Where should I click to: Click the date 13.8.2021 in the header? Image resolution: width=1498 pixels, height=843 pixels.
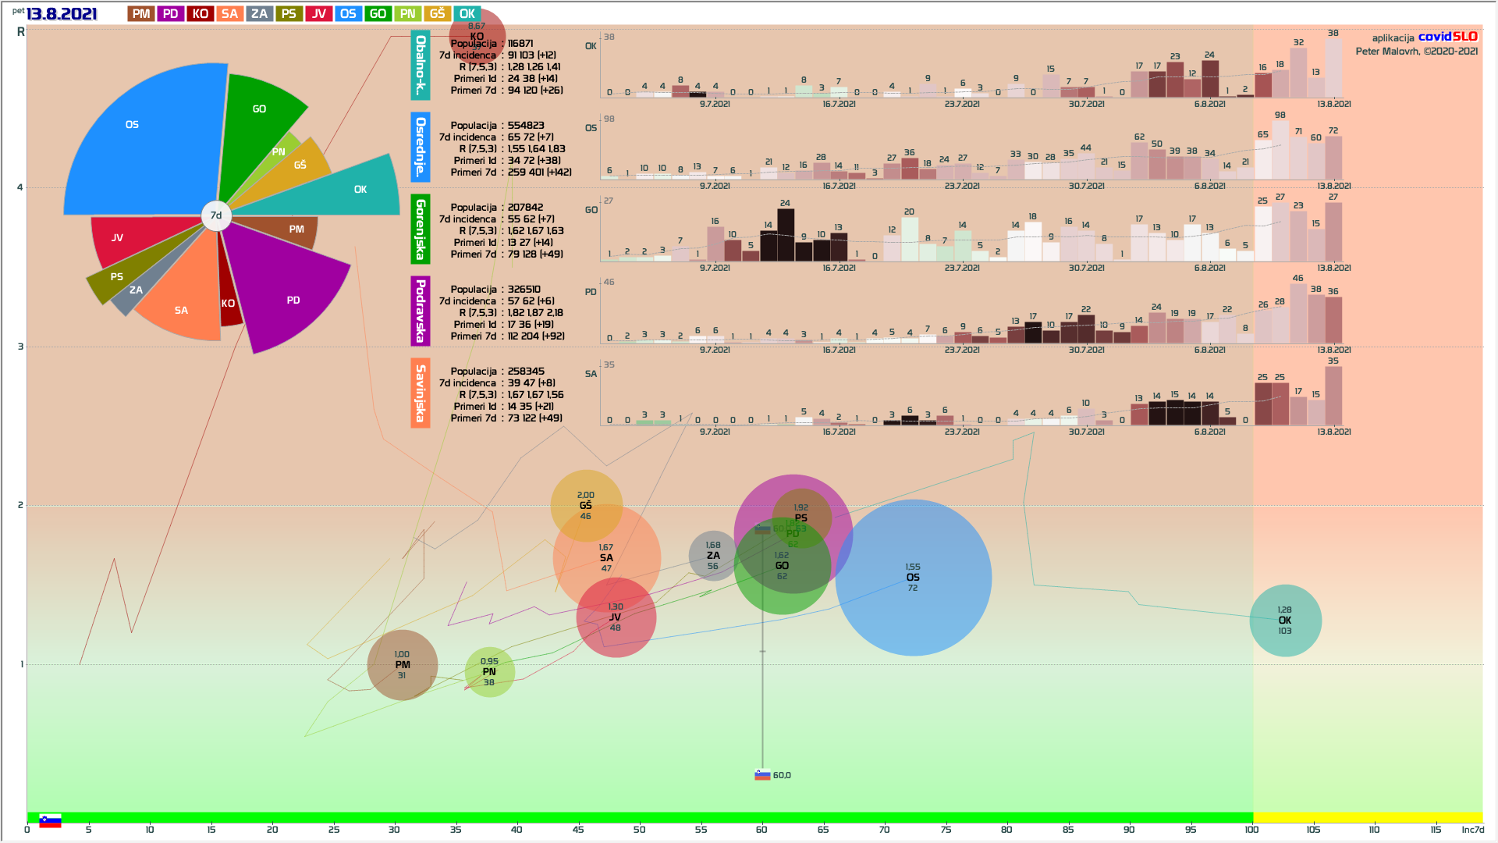point(62,14)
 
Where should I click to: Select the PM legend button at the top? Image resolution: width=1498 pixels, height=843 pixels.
point(141,14)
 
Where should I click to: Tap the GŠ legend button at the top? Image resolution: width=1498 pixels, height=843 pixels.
point(438,14)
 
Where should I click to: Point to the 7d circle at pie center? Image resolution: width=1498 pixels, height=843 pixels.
point(216,215)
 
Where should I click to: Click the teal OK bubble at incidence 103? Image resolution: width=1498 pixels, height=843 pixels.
point(1285,621)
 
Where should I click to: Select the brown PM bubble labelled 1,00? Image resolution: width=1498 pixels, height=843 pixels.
point(402,665)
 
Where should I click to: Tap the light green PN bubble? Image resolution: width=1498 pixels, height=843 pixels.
point(489,672)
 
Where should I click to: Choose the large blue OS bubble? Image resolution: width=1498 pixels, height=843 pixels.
point(913,578)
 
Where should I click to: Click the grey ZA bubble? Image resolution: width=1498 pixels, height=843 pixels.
point(712,556)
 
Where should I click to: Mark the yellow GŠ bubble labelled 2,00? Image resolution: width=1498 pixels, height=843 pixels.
point(586,505)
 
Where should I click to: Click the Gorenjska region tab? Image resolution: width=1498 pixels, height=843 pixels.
point(420,229)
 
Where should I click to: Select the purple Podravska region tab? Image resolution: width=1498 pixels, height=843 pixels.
point(420,311)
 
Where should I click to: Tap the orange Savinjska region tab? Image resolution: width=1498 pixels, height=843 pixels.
point(420,393)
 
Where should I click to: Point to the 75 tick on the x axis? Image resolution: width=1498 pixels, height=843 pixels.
point(946,830)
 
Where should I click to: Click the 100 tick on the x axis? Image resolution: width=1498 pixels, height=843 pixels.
point(1251,830)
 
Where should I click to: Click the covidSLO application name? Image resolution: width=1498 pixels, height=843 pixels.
point(1447,37)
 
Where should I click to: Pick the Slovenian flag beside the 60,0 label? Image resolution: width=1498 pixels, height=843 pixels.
point(762,775)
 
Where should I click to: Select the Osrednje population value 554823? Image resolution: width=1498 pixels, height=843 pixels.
point(526,126)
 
